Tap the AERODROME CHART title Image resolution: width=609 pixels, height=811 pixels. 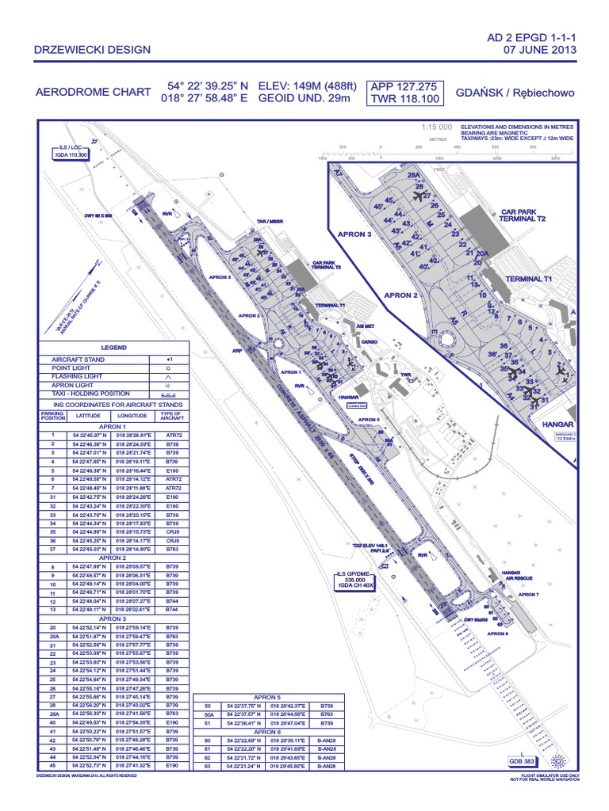(94, 93)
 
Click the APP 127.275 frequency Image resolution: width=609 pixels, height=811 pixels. (404, 86)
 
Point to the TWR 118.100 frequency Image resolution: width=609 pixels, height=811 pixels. (404, 100)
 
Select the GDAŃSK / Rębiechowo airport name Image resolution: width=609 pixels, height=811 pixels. (515, 93)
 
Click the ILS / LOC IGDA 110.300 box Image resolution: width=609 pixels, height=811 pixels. (70, 153)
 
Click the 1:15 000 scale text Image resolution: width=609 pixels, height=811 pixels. (436, 127)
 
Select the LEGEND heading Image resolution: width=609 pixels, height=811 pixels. (113, 348)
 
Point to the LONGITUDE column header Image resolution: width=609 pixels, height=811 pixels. (132, 415)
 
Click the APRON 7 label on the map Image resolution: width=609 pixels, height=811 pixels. (527, 594)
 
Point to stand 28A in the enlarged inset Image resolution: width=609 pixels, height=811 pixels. (412, 176)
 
